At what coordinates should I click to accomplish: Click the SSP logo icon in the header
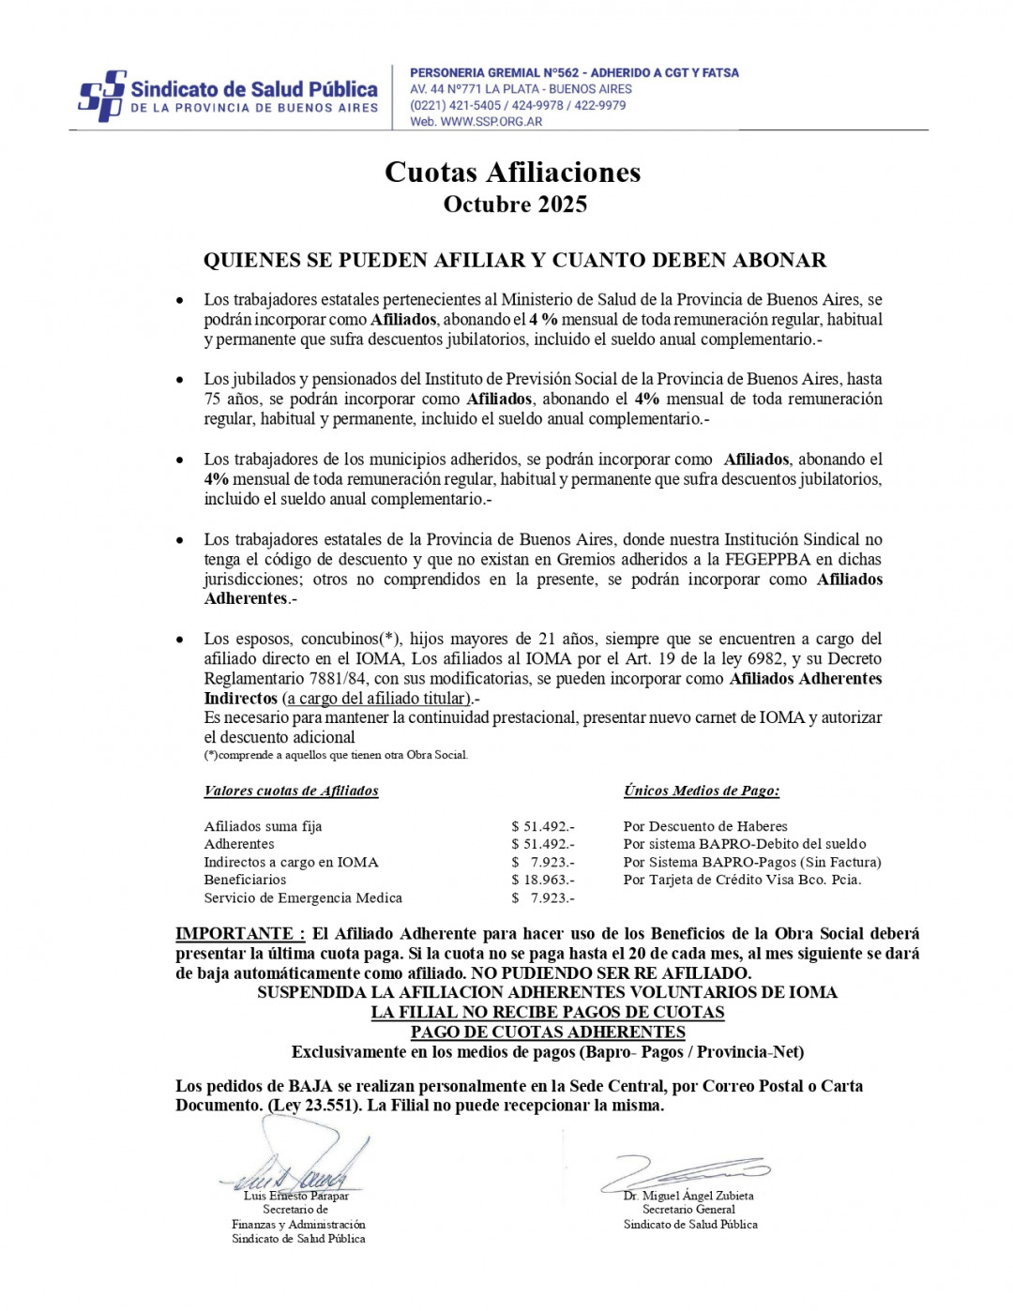101,96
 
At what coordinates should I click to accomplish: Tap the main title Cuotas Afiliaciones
512,173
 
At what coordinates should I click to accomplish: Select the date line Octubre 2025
515,204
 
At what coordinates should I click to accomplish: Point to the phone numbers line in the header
518,106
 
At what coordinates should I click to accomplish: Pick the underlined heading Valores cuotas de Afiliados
291,791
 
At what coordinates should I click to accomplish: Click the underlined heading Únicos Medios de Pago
701,791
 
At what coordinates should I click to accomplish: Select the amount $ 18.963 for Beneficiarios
542,880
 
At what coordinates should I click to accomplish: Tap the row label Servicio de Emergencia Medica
303,897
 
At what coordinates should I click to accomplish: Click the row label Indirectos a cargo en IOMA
291,862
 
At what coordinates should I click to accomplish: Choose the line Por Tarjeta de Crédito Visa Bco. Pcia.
742,880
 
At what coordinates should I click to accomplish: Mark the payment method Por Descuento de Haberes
704,826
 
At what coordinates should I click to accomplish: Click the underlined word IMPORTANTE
239,934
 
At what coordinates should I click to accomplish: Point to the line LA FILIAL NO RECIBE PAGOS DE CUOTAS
548,1013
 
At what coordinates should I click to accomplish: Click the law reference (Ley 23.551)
314,1106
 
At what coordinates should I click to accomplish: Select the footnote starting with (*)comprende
336,755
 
